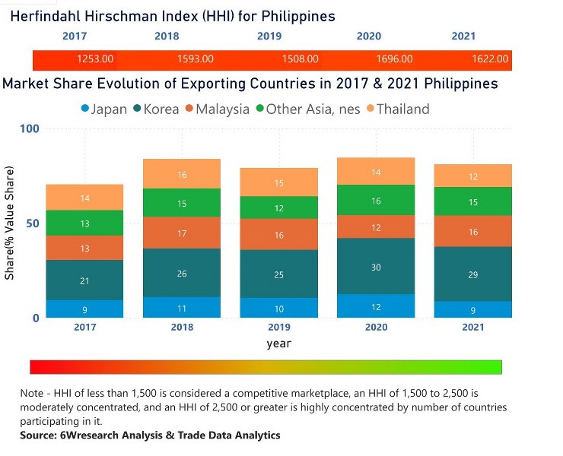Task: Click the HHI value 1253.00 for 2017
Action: tap(95, 59)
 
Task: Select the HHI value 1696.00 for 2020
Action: tap(395, 59)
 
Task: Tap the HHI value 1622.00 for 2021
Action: tap(491, 59)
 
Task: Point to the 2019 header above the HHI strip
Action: tap(269, 36)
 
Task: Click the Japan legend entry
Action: tap(103, 109)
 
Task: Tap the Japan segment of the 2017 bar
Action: tap(84, 309)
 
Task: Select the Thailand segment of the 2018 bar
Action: tap(182, 174)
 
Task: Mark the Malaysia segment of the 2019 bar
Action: tap(279, 235)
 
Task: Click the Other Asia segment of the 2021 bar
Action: tap(473, 201)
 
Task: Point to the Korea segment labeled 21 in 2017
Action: tap(84, 280)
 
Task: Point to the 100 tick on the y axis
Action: tap(29, 129)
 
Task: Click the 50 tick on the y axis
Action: tap(31, 223)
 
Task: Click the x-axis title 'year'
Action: tap(278, 344)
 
